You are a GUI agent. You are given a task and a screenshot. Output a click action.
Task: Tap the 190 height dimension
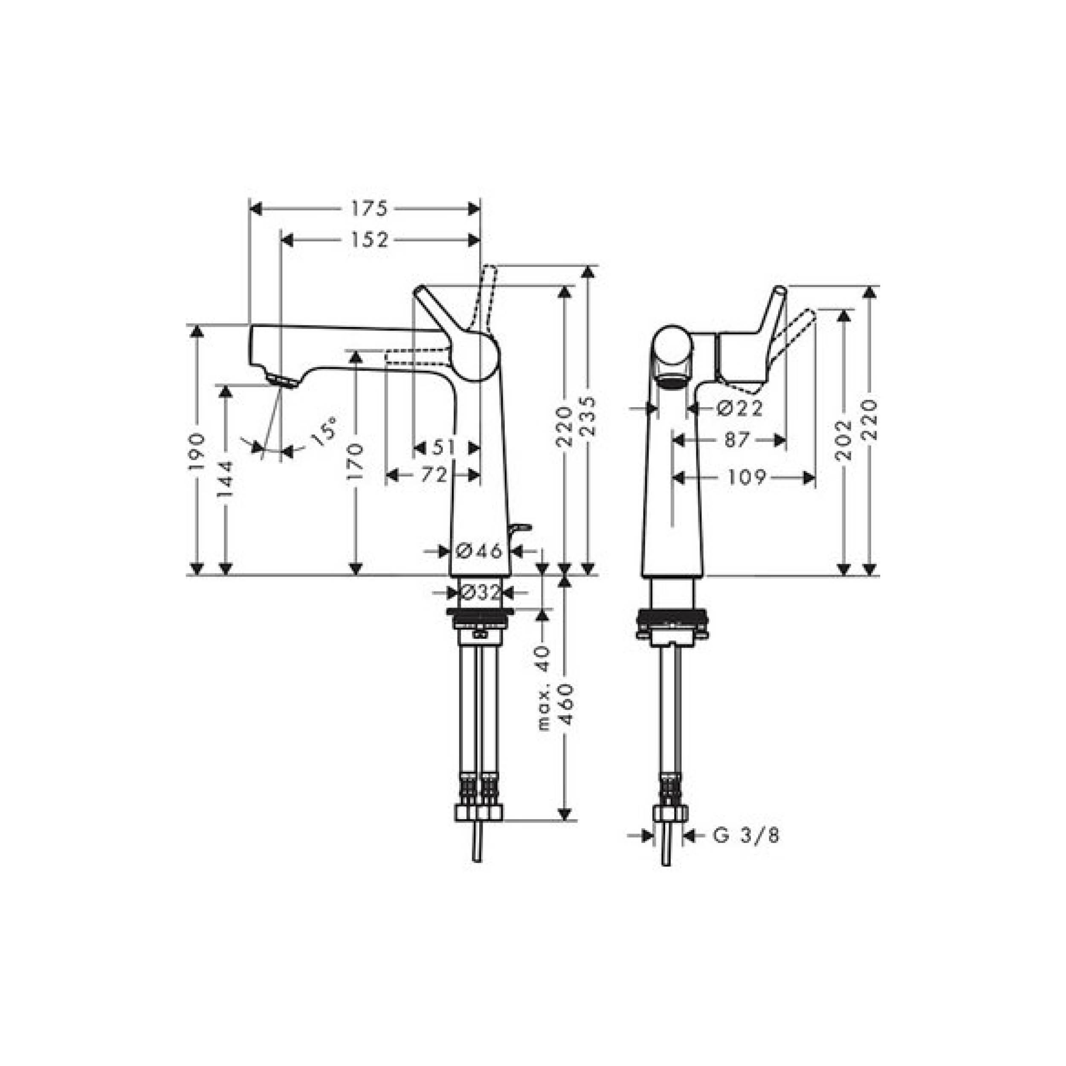coord(197,451)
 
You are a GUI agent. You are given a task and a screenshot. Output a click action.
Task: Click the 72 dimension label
coord(434,475)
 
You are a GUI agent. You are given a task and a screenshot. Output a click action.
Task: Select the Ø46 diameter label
coord(479,550)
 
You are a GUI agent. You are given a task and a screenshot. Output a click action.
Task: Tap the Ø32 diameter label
coord(479,593)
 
